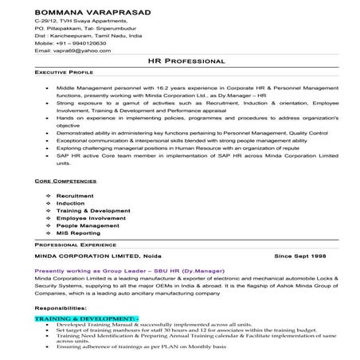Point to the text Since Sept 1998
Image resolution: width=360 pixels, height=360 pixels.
click(x=299, y=257)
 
